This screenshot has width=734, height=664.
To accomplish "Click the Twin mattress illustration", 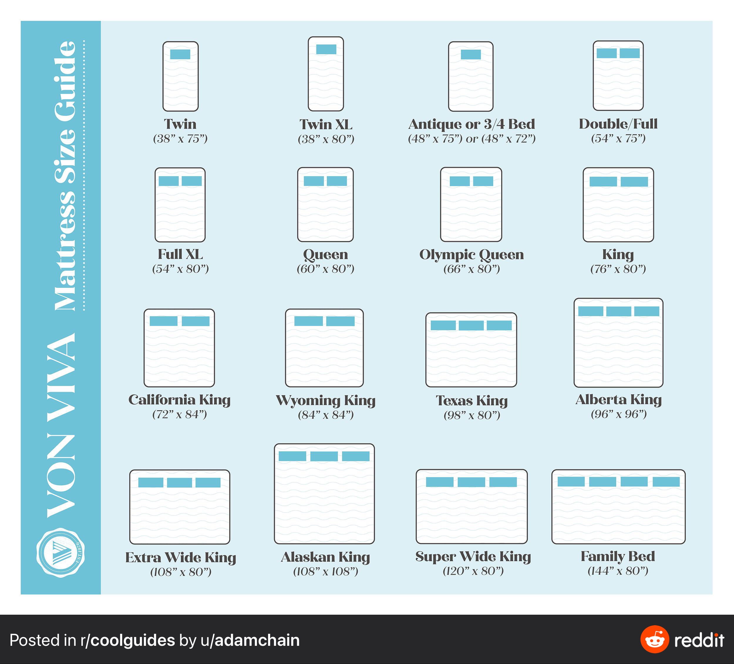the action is [x=181, y=76].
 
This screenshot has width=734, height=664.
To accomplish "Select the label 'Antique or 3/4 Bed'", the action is [x=472, y=124].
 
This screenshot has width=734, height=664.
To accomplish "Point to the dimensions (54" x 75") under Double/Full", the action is [x=618, y=138].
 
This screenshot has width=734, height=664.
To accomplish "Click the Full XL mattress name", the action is [x=181, y=254].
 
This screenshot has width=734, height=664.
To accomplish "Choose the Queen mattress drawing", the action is [x=326, y=205].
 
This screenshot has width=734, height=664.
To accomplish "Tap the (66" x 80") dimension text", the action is [x=472, y=269].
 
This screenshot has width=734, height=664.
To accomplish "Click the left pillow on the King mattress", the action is [x=603, y=182].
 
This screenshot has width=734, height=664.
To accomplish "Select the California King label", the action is [x=179, y=400].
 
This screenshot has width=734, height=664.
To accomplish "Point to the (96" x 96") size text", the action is [x=619, y=414].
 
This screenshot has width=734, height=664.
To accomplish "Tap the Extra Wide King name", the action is [x=181, y=558].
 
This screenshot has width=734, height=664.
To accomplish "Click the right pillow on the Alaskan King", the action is [x=356, y=456].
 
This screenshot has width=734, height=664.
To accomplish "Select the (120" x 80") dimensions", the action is [x=473, y=571].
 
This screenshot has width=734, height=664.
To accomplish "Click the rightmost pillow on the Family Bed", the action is [x=666, y=482].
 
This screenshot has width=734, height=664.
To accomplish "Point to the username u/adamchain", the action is [x=250, y=640].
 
